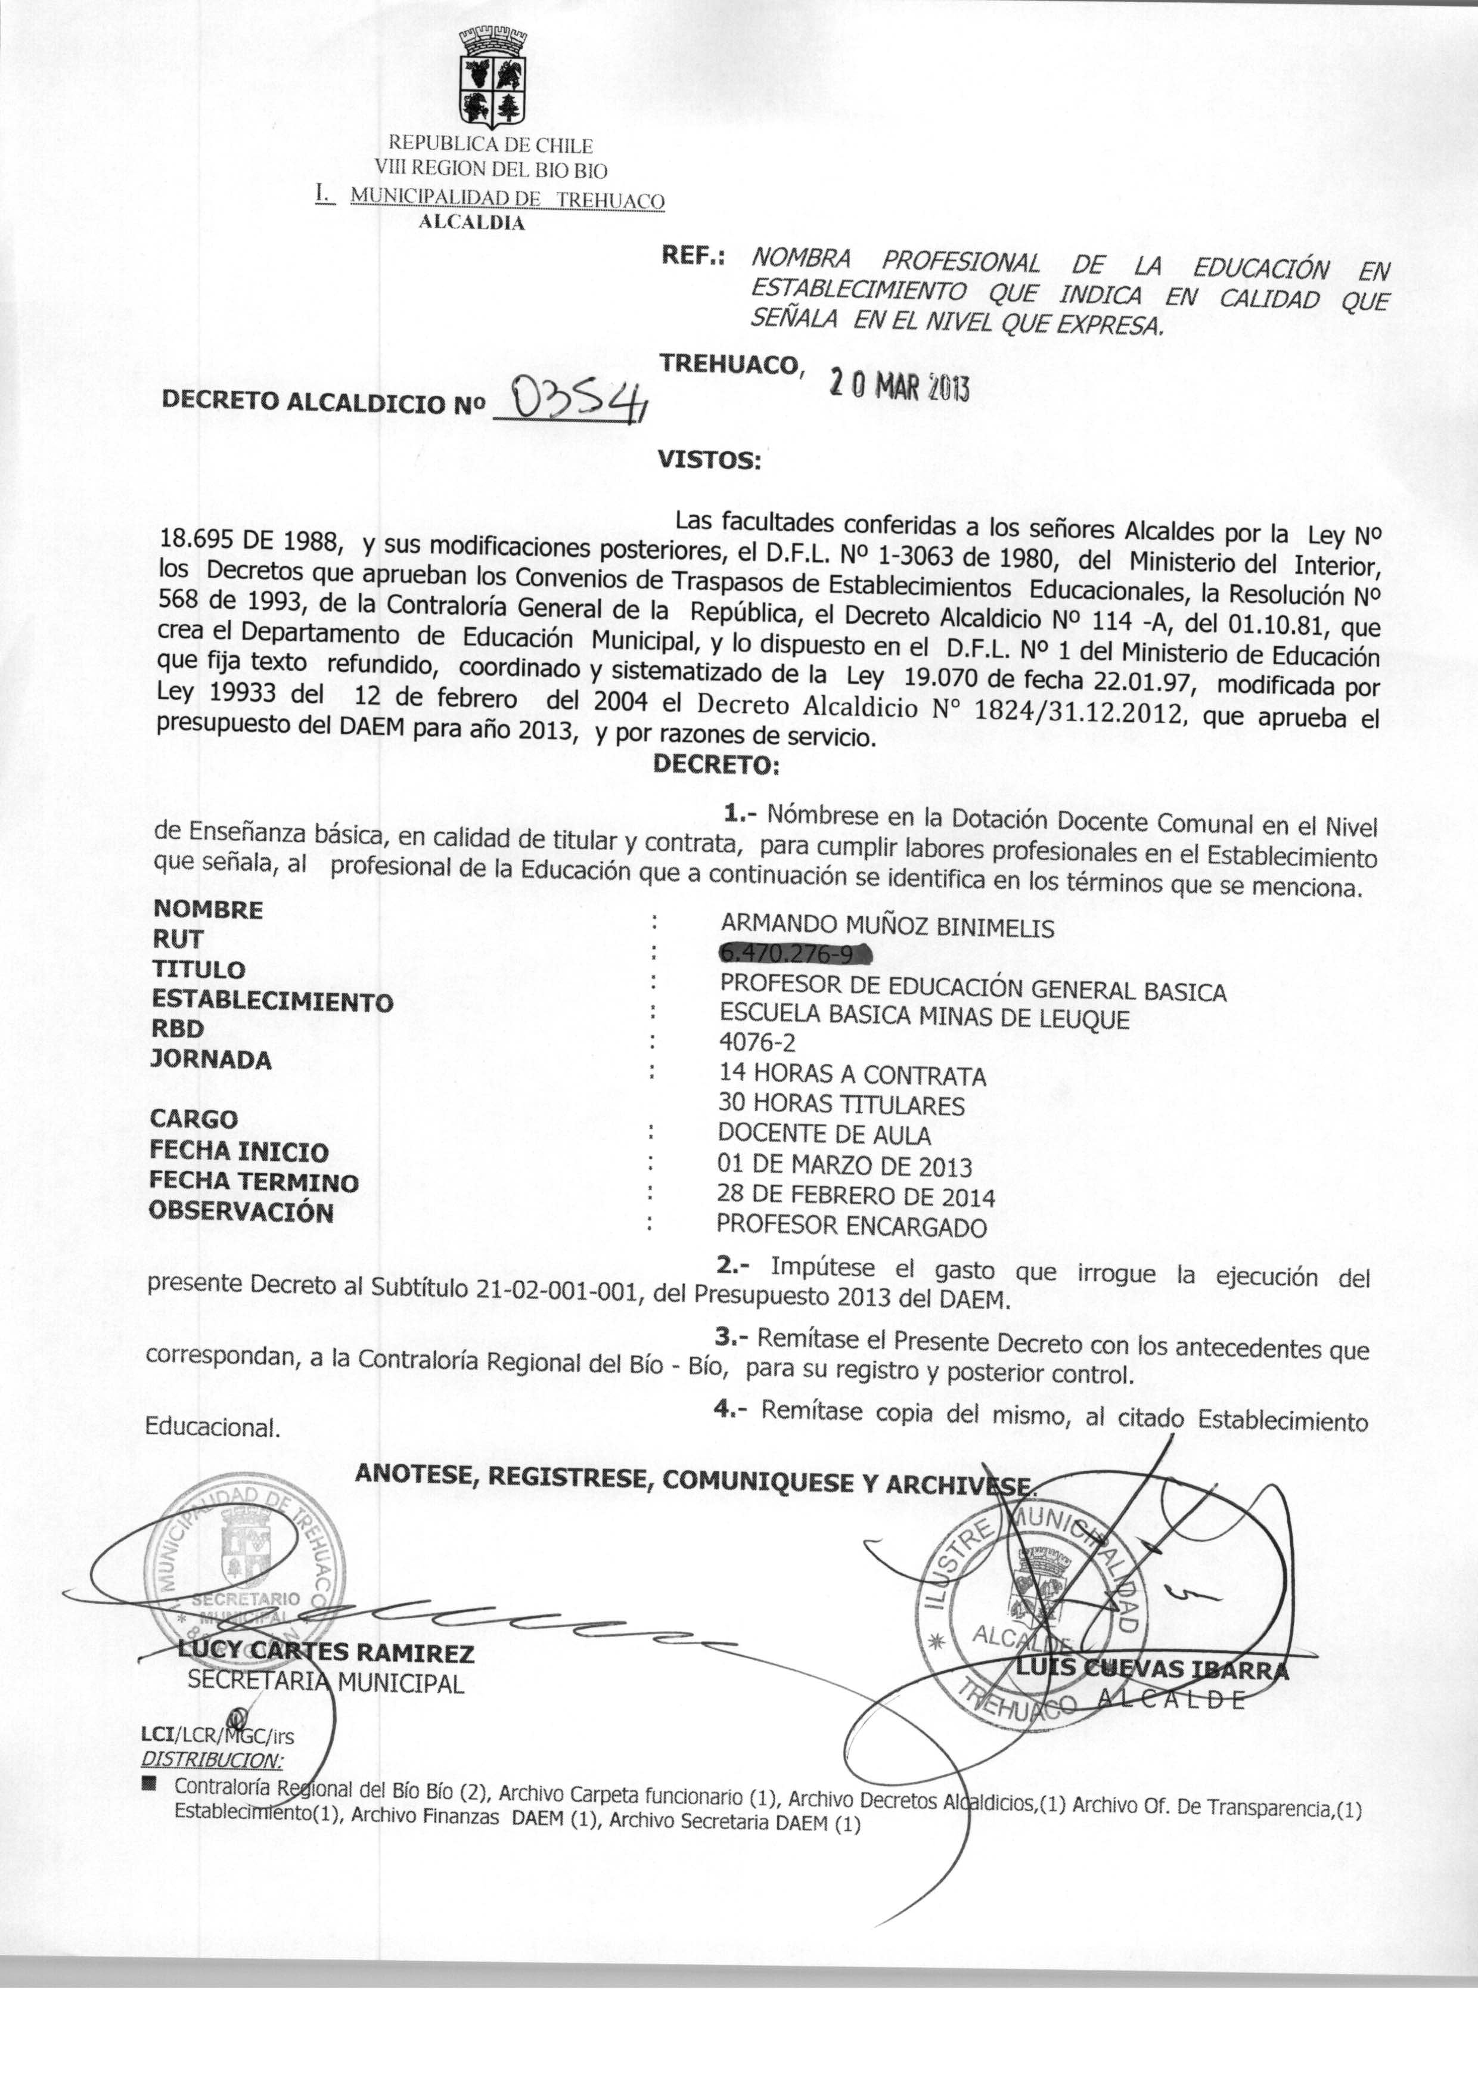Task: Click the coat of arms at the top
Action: pos(492,79)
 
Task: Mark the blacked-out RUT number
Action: pos(794,954)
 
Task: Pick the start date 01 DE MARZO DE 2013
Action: pos(844,1165)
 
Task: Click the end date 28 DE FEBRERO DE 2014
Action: pos(855,1196)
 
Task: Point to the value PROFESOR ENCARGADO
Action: pos(851,1226)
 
